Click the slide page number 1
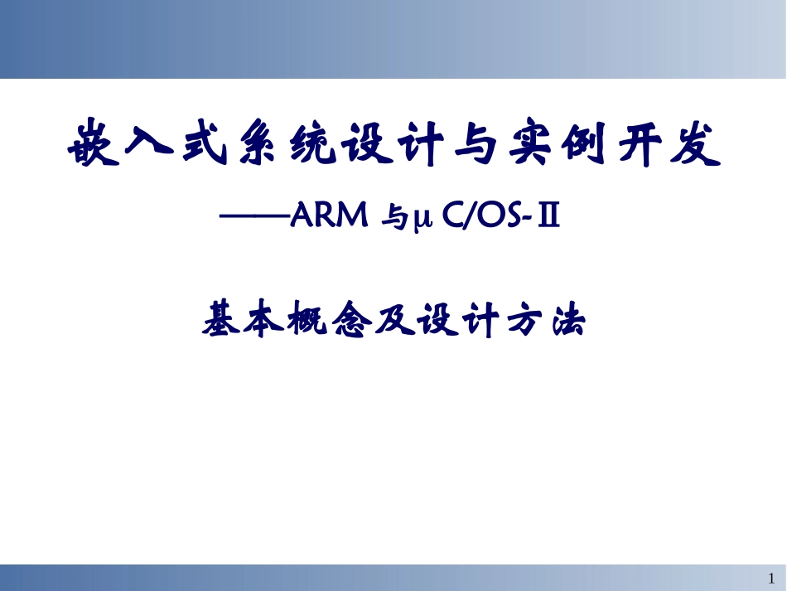click(772, 577)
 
